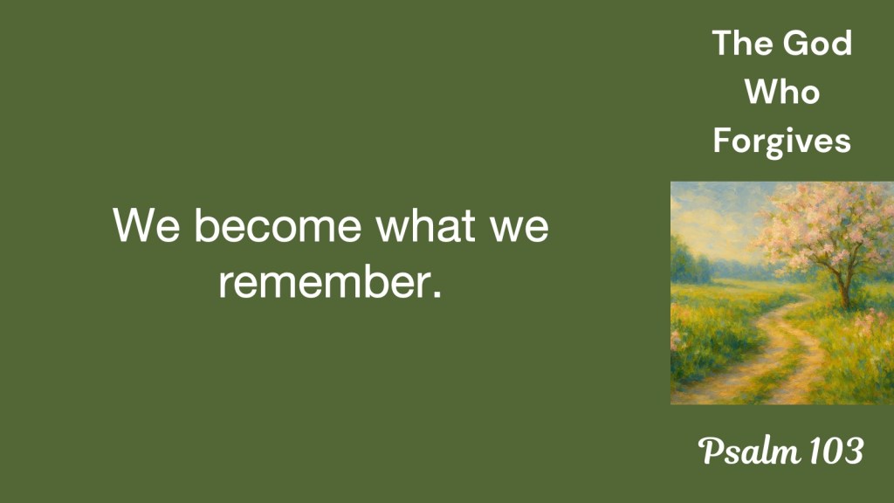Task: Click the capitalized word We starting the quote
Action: [147, 225]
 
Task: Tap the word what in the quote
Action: [425, 224]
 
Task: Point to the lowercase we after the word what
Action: [519, 230]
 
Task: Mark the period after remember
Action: [437, 294]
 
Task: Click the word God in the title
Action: [817, 43]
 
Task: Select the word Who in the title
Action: [781, 92]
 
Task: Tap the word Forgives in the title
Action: [781, 141]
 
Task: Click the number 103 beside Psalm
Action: [836, 451]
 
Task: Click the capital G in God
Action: [794, 44]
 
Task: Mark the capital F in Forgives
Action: [721, 141]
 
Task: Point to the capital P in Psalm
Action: [711, 451]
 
